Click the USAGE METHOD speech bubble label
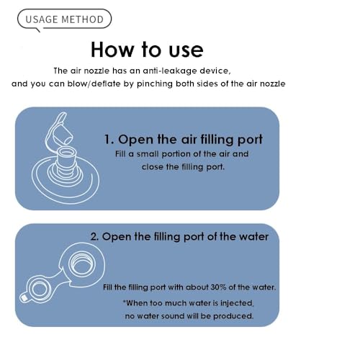tap(64, 19)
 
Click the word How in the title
tap(112, 50)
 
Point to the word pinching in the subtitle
tap(155, 84)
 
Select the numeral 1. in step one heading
tap(109, 139)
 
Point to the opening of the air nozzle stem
tap(67, 153)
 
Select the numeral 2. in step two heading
tap(94, 237)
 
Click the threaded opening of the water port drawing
tap(82, 264)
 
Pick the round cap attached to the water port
tap(38, 289)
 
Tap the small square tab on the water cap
tap(24, 298)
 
